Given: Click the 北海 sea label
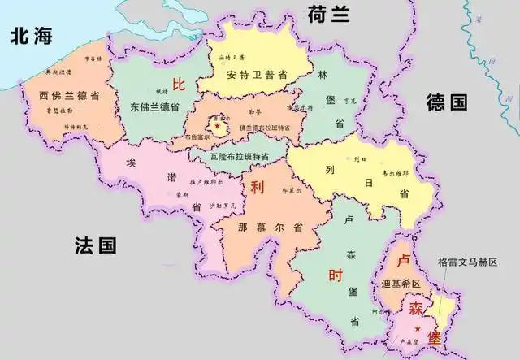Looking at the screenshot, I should pyautogui.click(x=34, y=35).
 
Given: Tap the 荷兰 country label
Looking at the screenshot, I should pyautogui.click(x=329, y=13).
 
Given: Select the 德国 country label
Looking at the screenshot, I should pyautogui.click(x=448, y=102).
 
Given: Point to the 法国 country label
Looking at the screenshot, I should pyautogui.click(x=96, y=245).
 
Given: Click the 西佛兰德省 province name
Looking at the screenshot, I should pyautogui.click(x=70, y=96).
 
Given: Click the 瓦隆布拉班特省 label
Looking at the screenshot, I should pyautogui.click(x=239, y=155).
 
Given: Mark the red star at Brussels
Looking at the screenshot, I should pyautogui.click(x=217, y=126).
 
